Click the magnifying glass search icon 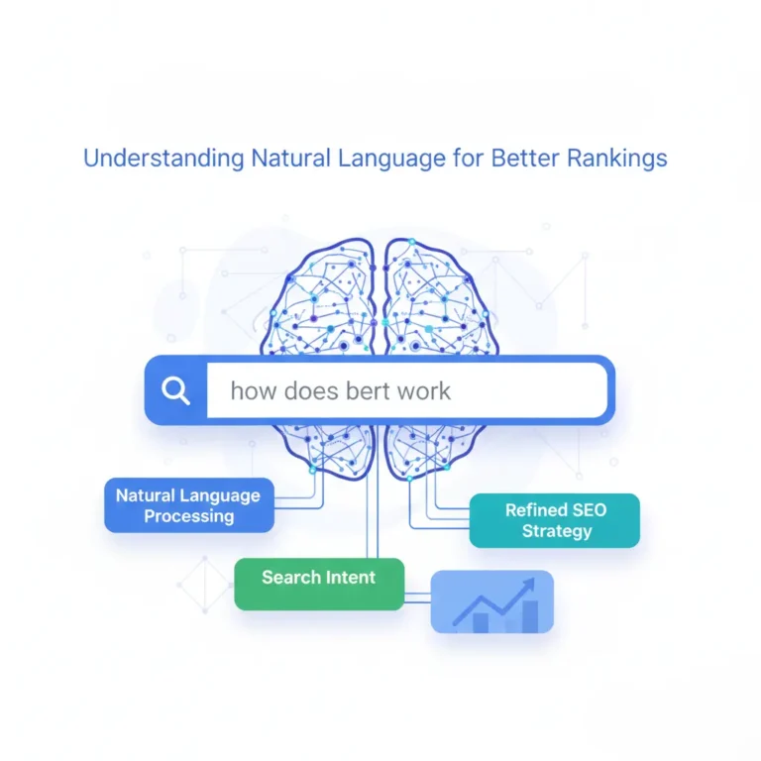pos(175,390)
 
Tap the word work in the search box pos(424,390)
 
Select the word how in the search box pos(253,390)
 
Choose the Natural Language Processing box pos(188,505)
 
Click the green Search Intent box pos(319,583)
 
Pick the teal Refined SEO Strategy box pos(554,520)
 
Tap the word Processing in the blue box pos(188,516)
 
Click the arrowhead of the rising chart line pos(528,584)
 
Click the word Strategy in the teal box pos(556,531)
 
